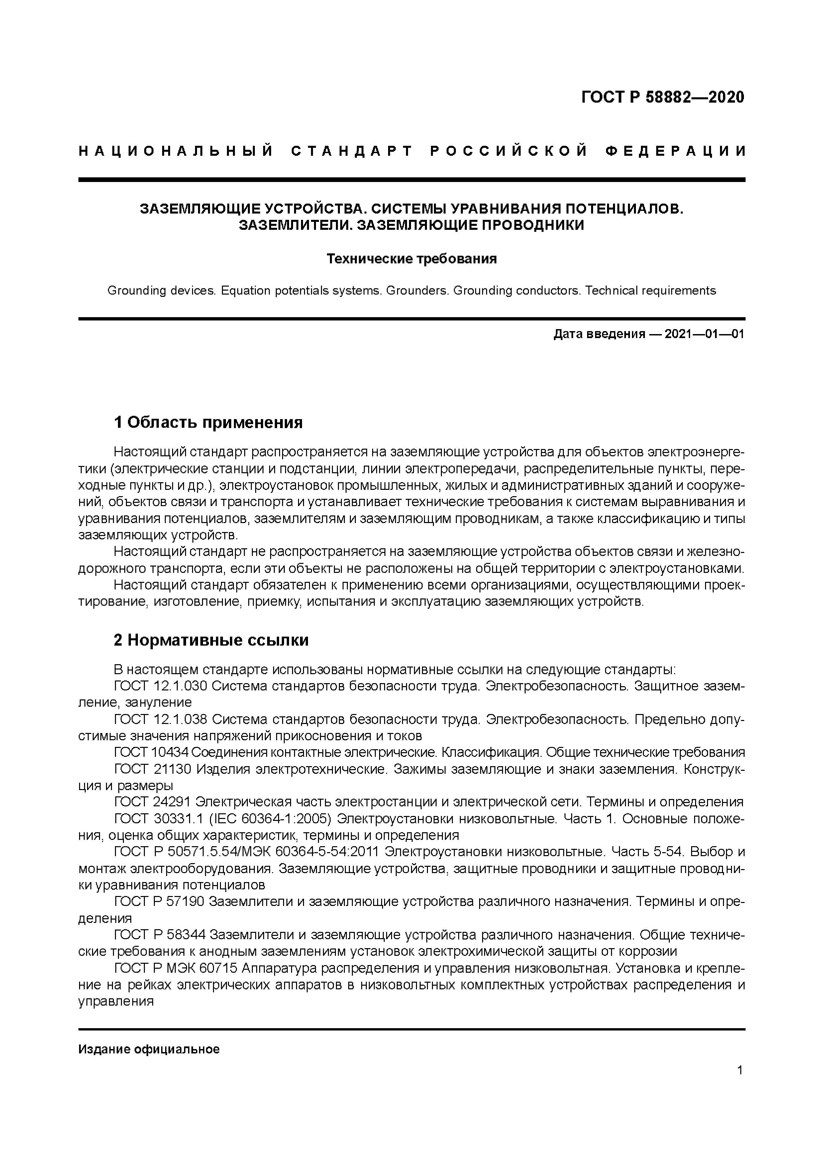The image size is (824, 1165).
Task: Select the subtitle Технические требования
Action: coord(411,259)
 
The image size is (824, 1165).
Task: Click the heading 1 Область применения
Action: coord(208,422)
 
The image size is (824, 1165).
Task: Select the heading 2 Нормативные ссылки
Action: coord(211,640)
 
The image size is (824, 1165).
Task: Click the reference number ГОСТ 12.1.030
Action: coord(160,686)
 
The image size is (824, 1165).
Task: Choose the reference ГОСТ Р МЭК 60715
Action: coord(176,968)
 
